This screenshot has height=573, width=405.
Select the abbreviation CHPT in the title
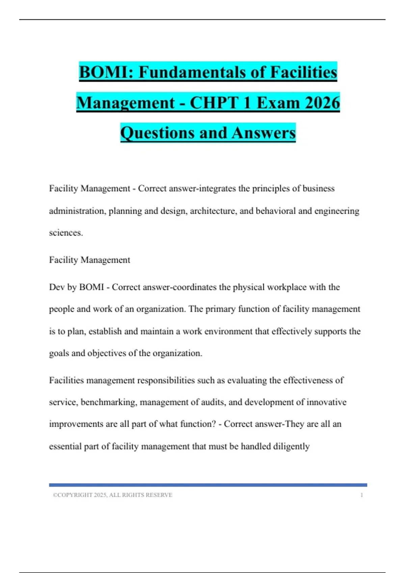click(x=216, y=103)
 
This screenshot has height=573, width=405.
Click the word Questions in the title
click(x=157, y=133)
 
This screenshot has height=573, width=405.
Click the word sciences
click(x=65, y=233)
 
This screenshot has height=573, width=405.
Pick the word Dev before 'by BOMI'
click(x=56, y=287)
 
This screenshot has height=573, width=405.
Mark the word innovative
click(x=326, y=402)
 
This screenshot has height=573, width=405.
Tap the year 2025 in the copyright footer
click(x=100, y=495)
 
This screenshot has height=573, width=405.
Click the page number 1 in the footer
click(x=361, y=495)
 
